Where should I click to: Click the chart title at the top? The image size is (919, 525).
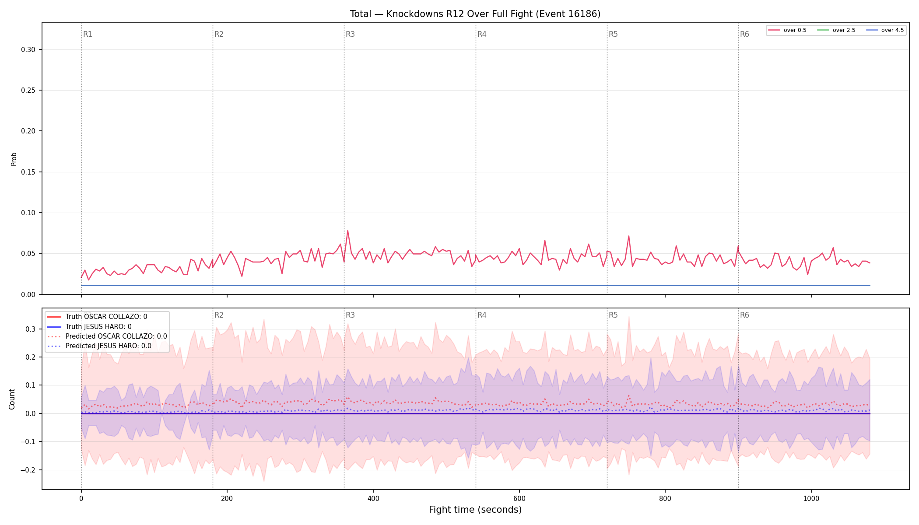475,14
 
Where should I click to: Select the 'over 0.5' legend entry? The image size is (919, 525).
787,30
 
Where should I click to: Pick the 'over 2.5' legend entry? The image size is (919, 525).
836,30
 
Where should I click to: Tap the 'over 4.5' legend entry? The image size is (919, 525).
885,30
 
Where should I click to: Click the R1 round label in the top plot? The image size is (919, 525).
88,34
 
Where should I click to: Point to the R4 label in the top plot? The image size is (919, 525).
482,34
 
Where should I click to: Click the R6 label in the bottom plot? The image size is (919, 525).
744,315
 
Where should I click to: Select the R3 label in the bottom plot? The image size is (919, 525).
350,315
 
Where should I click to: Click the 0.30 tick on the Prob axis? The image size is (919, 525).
28,50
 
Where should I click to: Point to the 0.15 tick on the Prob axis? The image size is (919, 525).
28,172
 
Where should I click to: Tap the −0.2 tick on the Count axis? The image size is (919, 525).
28,470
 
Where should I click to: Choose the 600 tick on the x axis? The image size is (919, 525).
519,498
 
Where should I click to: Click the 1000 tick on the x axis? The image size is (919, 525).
811,498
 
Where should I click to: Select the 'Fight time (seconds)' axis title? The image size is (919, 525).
475,510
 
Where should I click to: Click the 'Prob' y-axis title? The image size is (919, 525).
14,159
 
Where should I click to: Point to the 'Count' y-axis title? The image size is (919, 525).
12,399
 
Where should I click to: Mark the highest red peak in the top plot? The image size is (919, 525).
347,231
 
